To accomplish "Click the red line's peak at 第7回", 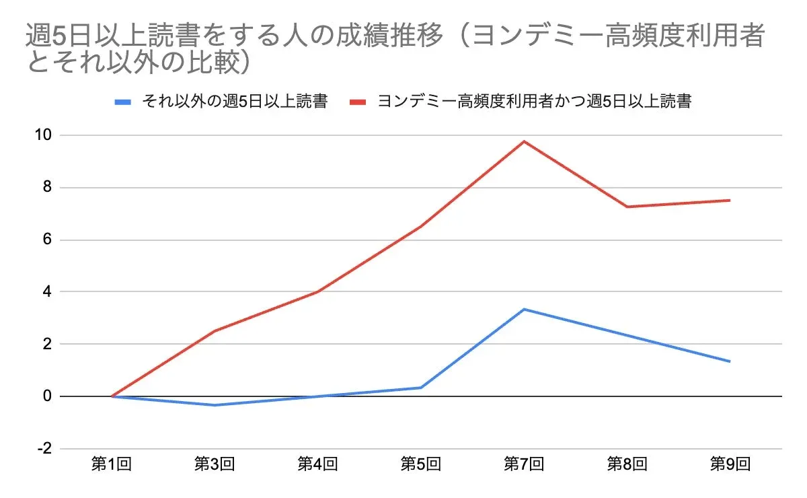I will [524, 141].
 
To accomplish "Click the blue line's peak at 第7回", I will [524, 310].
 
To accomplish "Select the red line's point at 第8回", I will [627, 207].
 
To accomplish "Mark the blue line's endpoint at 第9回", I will [730, 361].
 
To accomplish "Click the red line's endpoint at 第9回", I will [730, 200].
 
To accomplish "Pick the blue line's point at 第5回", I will [421, 388].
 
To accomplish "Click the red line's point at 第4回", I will [317, 291].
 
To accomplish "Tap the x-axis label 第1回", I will [111, 464].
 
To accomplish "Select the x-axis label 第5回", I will [421, 464].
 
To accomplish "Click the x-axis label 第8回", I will [627, 464].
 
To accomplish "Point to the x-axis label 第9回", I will [730, 464].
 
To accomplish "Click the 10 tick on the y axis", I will [43, 135].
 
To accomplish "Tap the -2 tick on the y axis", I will [43, 449].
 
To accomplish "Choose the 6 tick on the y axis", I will [46, 240].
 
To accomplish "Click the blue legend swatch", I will [123, 102].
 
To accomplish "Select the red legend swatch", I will [358, 102].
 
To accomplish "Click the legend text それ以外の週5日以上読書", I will [234, 102].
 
